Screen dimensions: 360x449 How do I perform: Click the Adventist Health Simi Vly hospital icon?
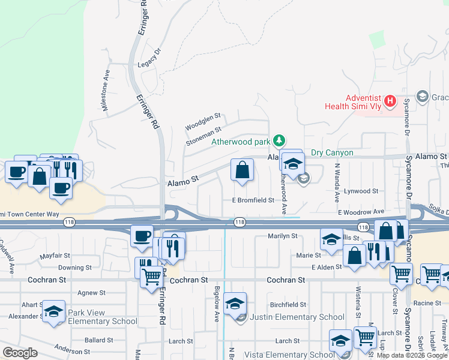point(390,101)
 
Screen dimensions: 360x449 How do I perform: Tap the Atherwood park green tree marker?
point(279,141)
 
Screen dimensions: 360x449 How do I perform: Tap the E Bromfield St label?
point(253,200)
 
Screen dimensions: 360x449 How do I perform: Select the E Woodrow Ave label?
point(361,212)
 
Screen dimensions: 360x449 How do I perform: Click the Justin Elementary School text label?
point(297,317)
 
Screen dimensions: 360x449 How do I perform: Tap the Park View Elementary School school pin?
point(53,311)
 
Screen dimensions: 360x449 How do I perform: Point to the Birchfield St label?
point(288,305)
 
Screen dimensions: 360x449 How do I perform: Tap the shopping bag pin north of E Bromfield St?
point(242,170)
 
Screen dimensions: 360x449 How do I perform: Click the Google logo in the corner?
point(20,352)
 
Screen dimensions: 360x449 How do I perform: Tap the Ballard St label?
point(95,340)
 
